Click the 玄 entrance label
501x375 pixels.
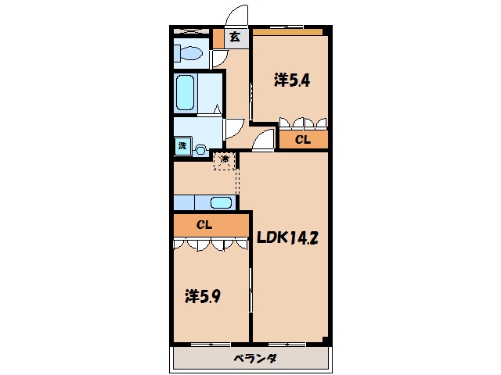point(235,37)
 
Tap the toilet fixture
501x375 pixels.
point(189,53)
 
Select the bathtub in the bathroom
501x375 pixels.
point(185,92)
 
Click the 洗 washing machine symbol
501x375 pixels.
point(182,146)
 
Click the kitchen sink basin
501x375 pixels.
point(221,203)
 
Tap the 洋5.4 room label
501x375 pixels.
point(292,80)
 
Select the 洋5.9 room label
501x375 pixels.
point(203,296)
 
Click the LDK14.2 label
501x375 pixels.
point(287,237)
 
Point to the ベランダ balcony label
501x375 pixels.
point(255,359)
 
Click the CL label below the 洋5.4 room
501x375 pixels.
point(303,140)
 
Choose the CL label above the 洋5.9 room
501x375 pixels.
point(204,225)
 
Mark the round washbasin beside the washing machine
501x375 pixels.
point(200,150)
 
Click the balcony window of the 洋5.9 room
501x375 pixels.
point(211,345)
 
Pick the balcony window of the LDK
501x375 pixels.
point(287,345)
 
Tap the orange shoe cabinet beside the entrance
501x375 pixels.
point(218,38)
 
